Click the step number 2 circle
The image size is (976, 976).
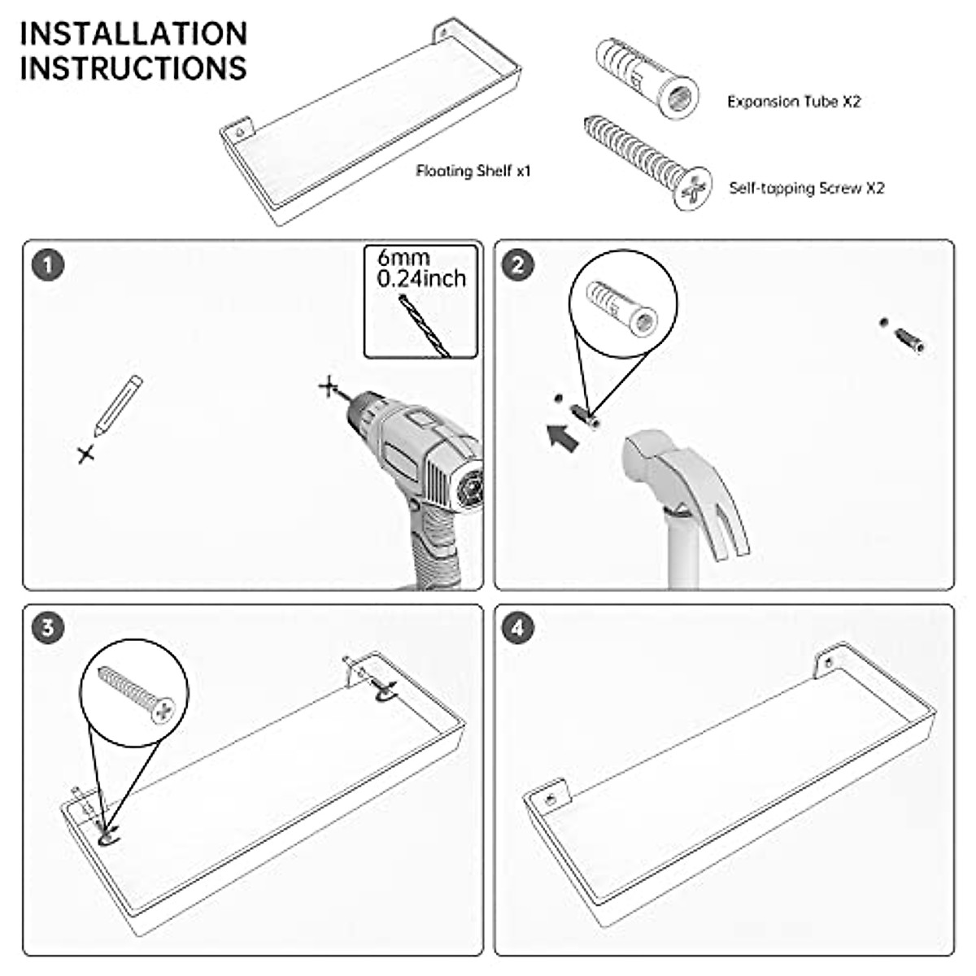click(x=520, y=265)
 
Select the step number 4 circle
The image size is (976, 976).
click(x=520, y=628)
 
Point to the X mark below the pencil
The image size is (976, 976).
click(x=86, y=454)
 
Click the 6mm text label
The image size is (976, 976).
click(x=403, y=258)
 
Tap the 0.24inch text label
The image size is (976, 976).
click(x=421, y=279)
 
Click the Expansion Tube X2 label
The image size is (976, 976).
click(x=793, y=102)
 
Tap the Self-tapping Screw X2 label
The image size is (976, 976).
click(x=806, y=188)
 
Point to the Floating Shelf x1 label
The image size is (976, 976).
click(x=473, y=171)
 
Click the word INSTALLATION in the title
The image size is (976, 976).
click(x=133, y=33)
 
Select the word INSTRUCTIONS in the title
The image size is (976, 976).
click(x=133, y=68)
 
